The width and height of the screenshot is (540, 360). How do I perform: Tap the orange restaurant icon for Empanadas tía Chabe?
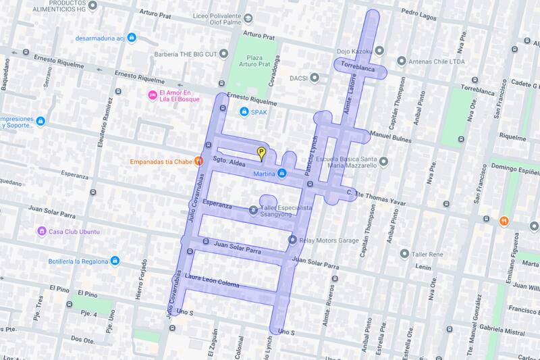click(x=198, y=161)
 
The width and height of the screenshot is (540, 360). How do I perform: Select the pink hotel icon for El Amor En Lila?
click(x=153, y=93)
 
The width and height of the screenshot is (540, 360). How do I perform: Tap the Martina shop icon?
click(x=282, y=175)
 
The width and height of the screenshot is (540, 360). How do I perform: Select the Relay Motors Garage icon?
click(x=292, y=239)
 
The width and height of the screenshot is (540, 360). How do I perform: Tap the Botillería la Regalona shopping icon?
click(x=115, y=261)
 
